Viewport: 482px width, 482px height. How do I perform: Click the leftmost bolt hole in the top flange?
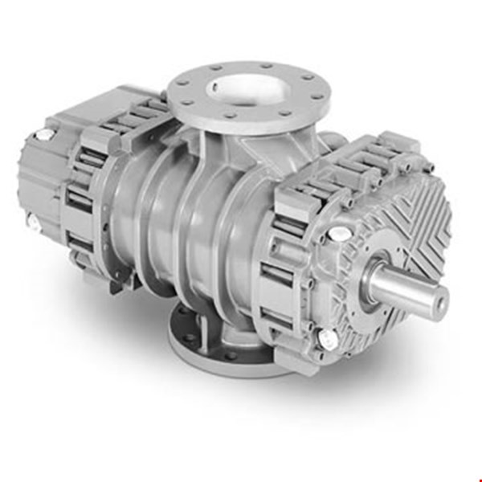[x=179, y=83]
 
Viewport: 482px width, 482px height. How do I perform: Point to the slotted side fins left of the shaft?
[x=289, y=265]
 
